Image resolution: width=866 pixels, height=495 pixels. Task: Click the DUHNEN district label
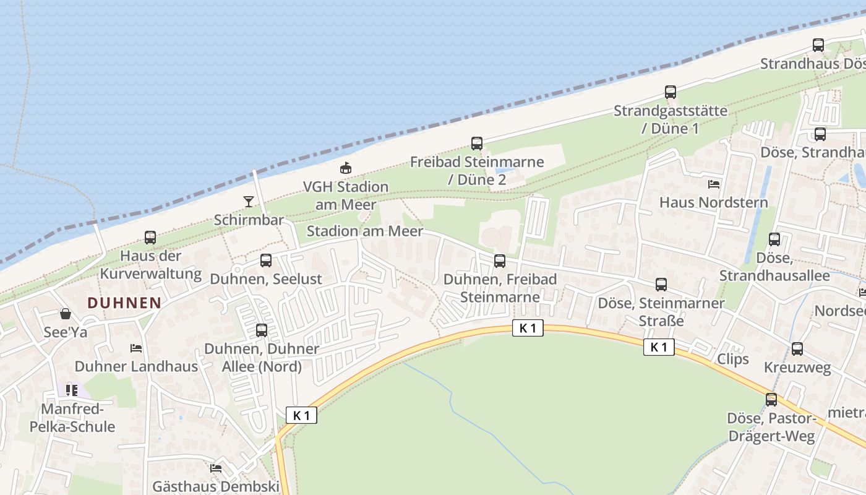[124, 303]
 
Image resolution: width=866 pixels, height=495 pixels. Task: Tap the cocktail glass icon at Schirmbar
[248, 201]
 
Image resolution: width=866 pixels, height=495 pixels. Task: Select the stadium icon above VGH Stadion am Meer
[346, 168]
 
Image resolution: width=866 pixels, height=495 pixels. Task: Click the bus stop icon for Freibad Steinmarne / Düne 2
[477, 144]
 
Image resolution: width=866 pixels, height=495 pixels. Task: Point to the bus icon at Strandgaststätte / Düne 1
[671, 93]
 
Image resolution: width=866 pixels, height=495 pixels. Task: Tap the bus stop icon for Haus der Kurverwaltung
[150, 238]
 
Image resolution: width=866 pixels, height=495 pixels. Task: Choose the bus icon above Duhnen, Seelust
[266, 260]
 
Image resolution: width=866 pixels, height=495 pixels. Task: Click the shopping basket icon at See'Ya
[66, 314]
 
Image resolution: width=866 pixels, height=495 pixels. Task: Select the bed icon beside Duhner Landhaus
[136, 348]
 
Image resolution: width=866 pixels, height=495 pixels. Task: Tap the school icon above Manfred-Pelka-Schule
[72, 390]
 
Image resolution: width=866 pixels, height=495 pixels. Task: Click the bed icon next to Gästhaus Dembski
[216, 468]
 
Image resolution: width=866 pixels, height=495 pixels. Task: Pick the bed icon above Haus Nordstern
[714, 184]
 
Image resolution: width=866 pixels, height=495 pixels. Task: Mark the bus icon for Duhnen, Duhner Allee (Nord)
[262, 330]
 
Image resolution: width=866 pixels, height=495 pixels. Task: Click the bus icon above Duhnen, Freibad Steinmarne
[500, 261]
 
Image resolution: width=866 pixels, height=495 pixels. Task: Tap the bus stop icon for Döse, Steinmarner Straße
[661, 285]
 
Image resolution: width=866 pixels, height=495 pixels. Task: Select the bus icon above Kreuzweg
[797, 349]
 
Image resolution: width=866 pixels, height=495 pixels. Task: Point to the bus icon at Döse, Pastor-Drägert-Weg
[771, 400]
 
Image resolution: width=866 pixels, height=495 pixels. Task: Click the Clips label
[733, 359]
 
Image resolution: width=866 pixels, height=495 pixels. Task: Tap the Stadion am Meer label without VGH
[365, 231]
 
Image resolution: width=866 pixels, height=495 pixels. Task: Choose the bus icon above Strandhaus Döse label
[818, 45]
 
